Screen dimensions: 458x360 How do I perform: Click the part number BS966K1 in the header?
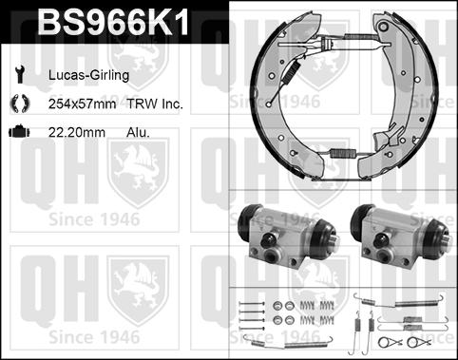point(113,21)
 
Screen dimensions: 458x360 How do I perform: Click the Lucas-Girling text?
point(88,75)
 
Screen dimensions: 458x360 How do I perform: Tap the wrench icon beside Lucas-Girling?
point(20,75)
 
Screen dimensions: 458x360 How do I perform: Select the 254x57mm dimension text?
point(83,104)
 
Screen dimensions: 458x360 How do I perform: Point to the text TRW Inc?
point(155,104)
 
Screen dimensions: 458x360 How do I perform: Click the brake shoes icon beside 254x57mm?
point(20,104)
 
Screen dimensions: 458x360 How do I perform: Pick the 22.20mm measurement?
point(77,132)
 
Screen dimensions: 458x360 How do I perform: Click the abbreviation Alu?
point(138,132)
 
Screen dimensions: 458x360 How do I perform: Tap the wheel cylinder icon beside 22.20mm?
point(19,131)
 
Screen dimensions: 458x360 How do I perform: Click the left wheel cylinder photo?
point(288,237)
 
